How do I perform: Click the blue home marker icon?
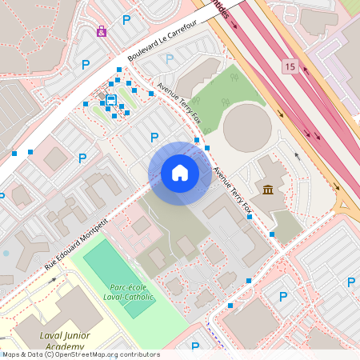(x=180, y=173)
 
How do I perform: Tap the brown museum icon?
(x=266, y=190)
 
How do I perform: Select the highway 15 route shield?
(x=289, y=66)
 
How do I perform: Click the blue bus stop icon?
(x=110, y=100)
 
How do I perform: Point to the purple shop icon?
(x=102, y=31)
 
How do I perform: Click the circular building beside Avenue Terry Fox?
(x=247, y=126)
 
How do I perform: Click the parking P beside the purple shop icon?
(x=126, y=20)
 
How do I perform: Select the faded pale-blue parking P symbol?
(x=170, y=58)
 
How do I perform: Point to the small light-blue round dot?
(x=6, y=254)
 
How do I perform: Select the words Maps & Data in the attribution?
(x=22, y=354)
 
